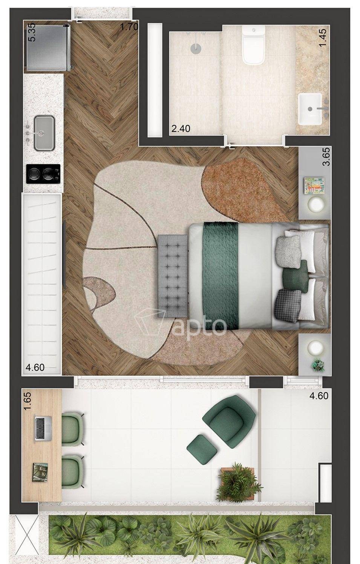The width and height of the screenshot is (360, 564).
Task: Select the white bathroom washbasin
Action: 310,109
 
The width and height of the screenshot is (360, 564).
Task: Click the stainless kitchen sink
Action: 44,133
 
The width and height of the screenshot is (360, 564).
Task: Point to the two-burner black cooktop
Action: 43,174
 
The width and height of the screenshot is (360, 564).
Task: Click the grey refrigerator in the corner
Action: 48,47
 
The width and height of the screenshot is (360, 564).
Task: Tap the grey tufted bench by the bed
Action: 173,276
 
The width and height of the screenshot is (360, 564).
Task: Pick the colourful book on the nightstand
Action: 314,186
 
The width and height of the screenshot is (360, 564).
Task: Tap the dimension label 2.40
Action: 181,129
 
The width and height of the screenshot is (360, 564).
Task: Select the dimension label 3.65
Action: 326,157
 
